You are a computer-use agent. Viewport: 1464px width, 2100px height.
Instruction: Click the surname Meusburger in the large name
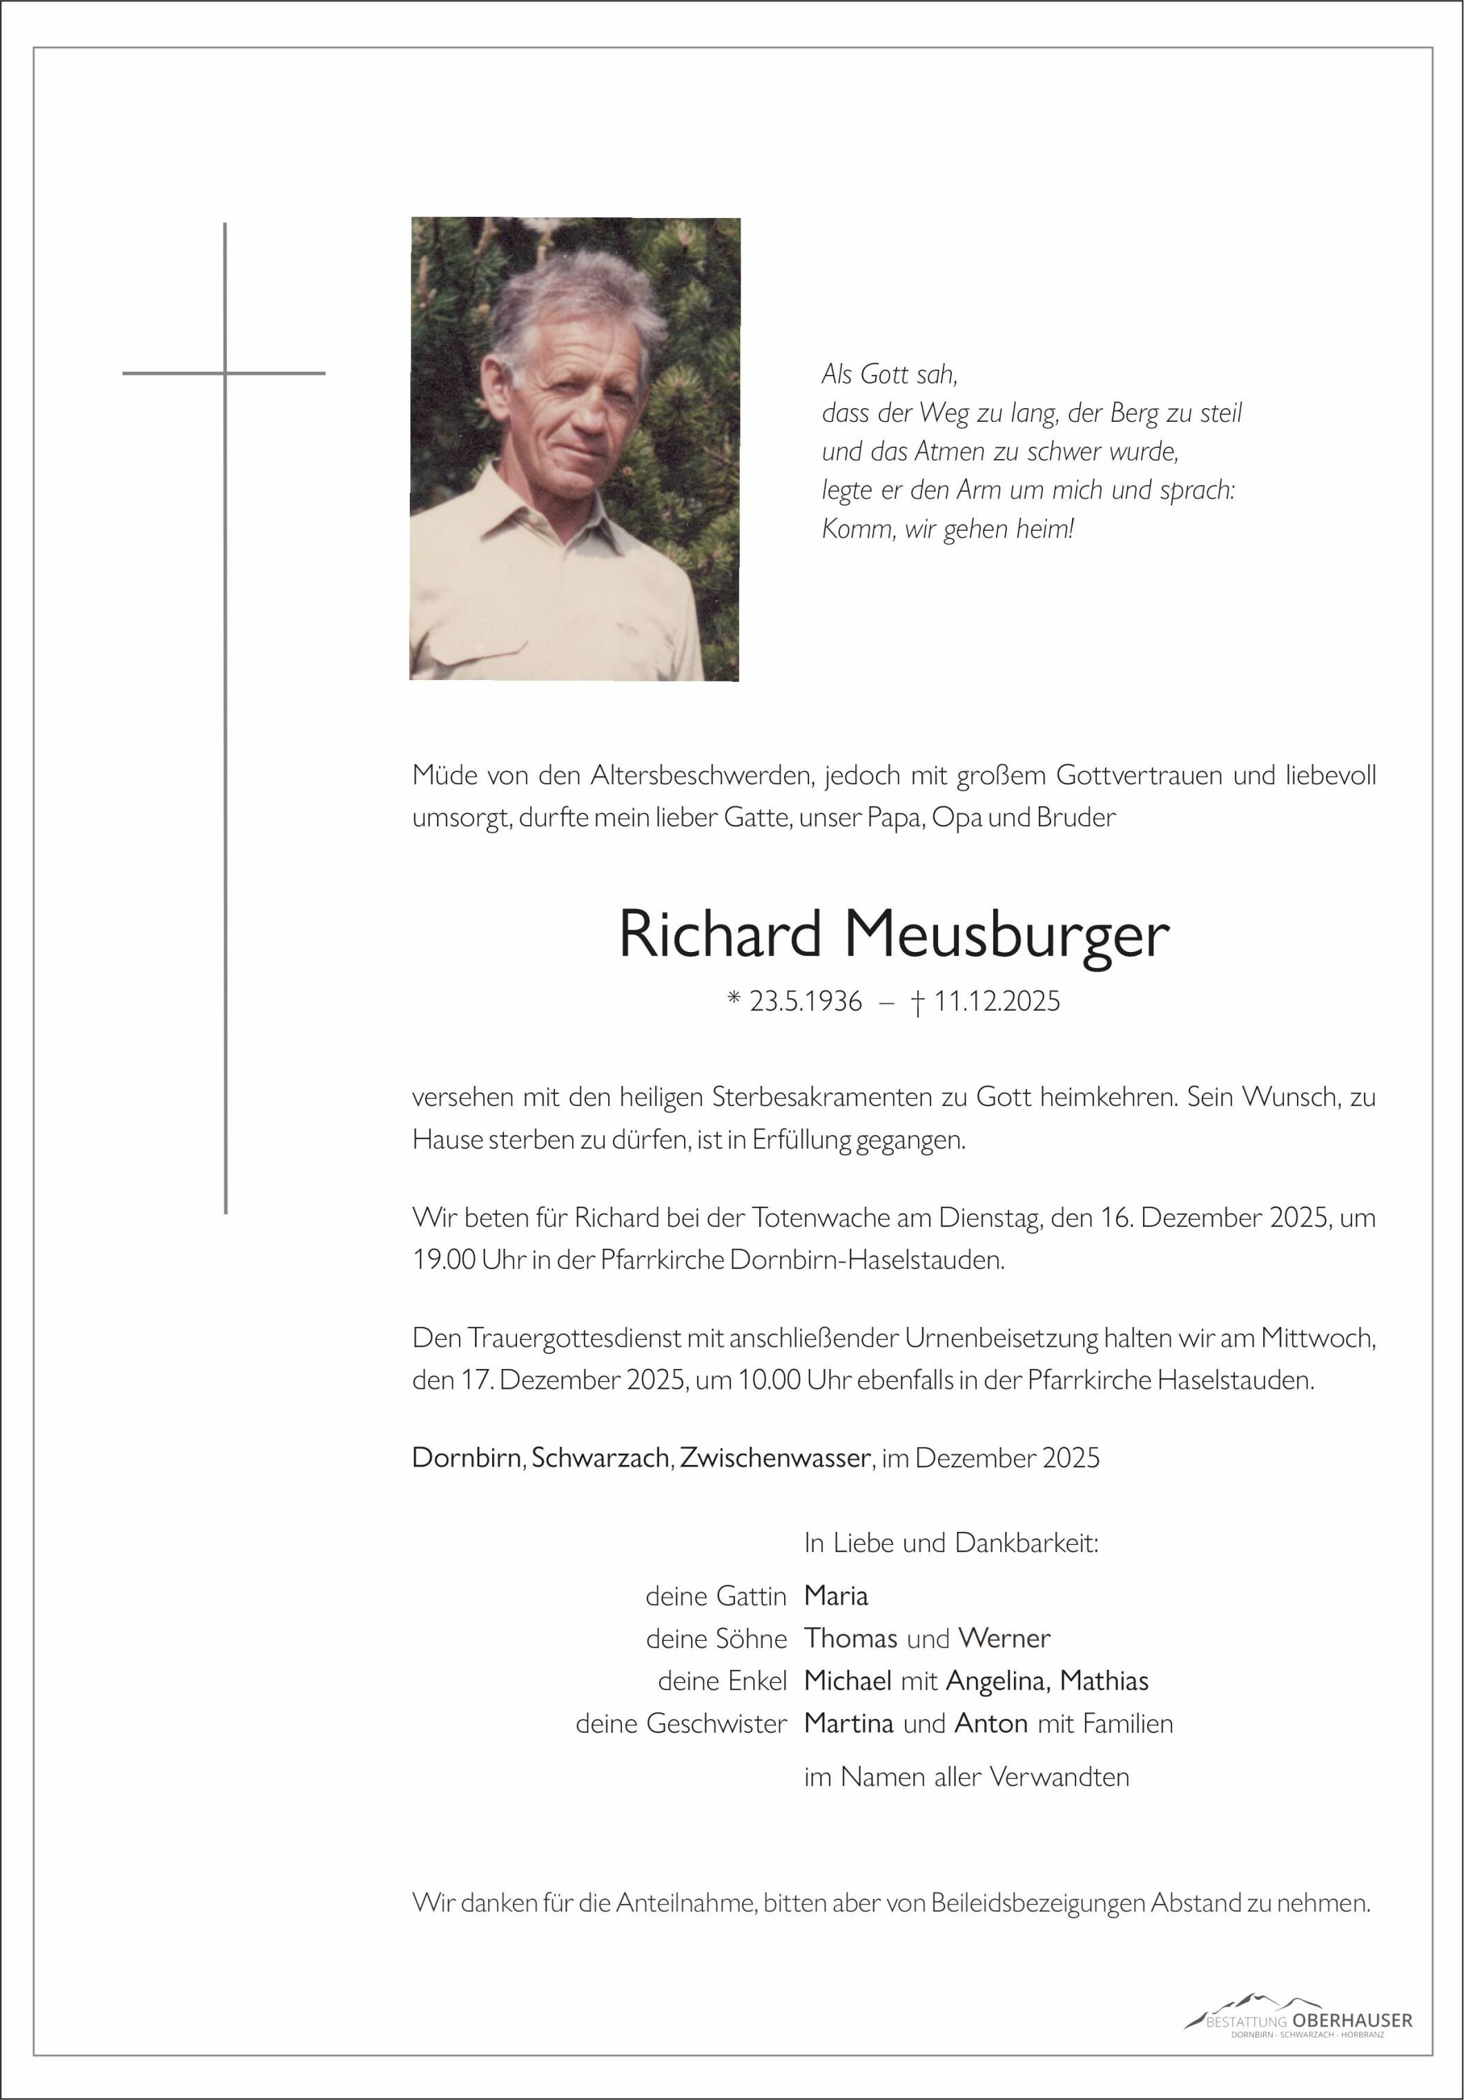click(x=1006, y=935)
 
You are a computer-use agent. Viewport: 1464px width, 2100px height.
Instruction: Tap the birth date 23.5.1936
click(x=805, y=1002)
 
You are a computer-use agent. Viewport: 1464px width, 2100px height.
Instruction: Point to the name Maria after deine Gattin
click(x=836, y=1596)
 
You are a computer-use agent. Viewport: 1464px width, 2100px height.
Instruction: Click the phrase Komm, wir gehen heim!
click(x=947, y=529)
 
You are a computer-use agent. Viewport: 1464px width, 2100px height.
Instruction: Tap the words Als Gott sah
click(x=889, y=373)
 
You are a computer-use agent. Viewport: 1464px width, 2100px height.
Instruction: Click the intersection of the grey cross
click(x=225, y=373)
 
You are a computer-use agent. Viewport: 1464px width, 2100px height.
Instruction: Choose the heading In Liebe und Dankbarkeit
click(x=951, y=1543)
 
